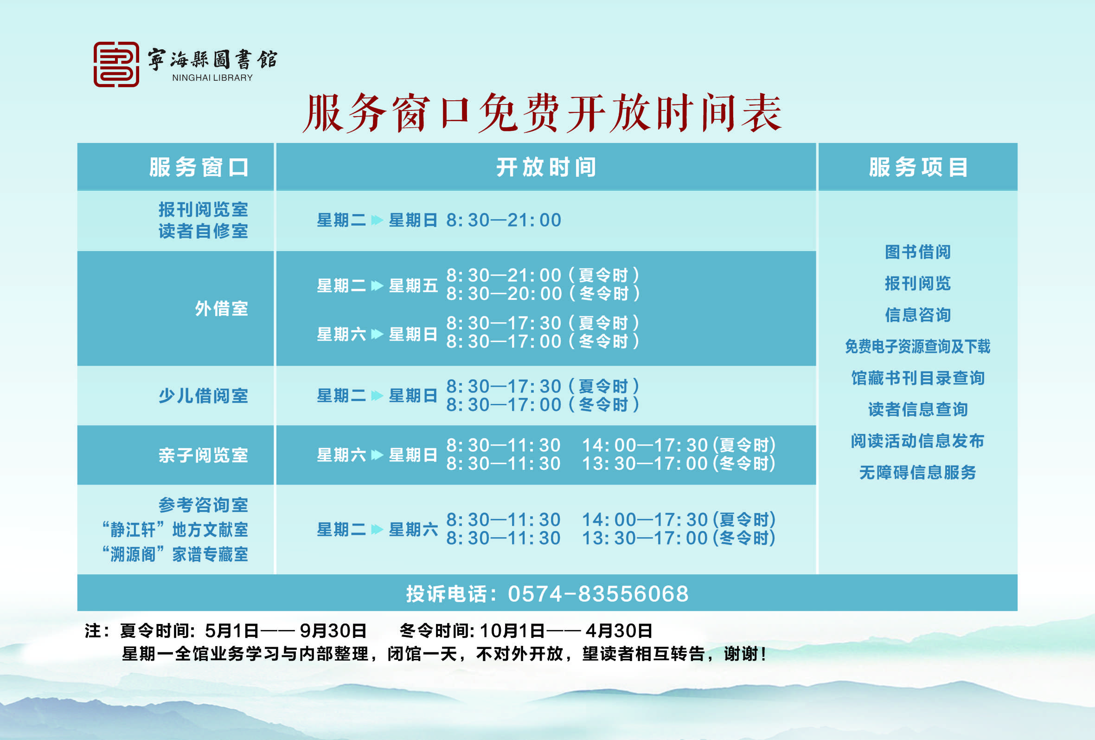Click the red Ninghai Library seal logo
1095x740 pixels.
tap(116, 64)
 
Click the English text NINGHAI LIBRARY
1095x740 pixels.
tap(212, 78)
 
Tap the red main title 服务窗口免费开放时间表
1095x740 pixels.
tap(542, 113)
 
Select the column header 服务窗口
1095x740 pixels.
tap(199, 168)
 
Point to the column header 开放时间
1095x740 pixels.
tap(546, 168)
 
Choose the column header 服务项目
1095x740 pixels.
tap(918, 168)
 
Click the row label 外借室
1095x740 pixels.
tap(221, 308)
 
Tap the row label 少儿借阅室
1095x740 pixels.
tap(203, 396)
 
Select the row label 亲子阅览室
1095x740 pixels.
tap(203, 455)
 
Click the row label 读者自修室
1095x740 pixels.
tap(203, 231)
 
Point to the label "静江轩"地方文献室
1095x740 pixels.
tap(175, 530)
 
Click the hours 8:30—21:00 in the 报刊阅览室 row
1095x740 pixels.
tap(504, 220)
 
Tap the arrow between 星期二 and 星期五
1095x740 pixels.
tap(377, 286)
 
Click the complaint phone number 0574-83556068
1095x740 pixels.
tap(598, 594)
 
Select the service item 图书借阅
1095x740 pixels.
tap(918, 252)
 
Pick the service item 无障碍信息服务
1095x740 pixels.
tap(918, 472)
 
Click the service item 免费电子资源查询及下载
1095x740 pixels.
tap(918, 346)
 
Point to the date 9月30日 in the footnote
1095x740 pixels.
tap(333, 630)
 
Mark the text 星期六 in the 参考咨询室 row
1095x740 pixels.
tap(413, 530)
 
